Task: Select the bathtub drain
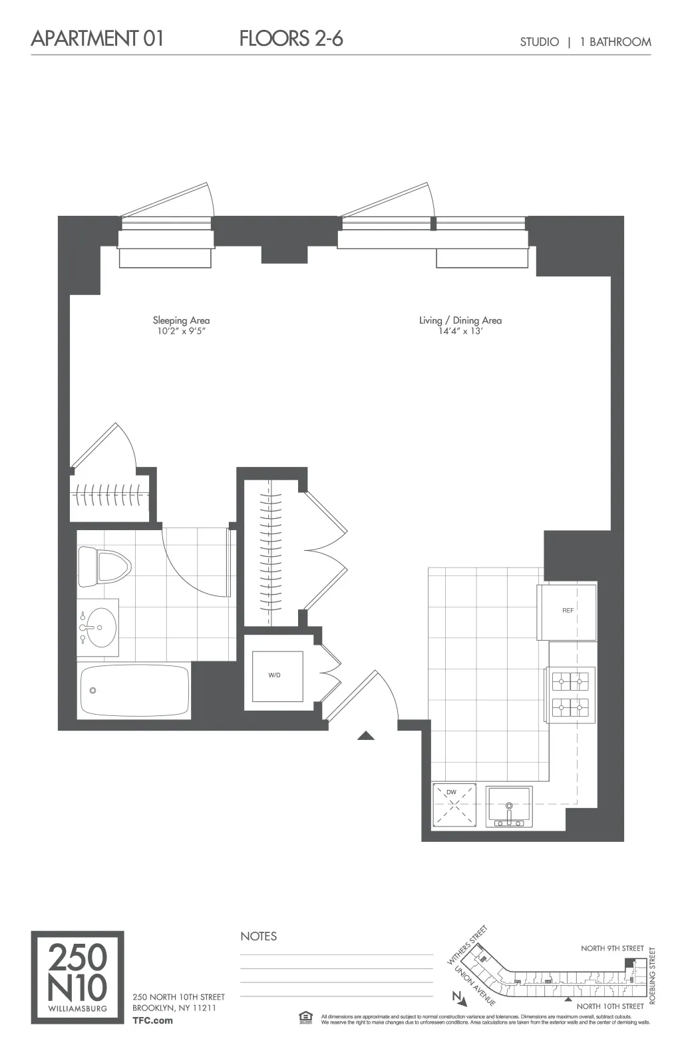coord(93,691)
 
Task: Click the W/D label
coord(274,675)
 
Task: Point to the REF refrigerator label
coord(568,610)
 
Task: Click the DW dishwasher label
coord(451,792)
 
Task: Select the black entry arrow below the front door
coord(366,735)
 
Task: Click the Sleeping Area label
coord(181,320)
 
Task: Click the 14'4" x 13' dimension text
coord(460,331)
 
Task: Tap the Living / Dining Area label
coord(460,320)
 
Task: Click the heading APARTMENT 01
coord(97,38)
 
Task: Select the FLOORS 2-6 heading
coord(291,38)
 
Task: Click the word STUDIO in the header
coord(539,42)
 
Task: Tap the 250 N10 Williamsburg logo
coord(77,977)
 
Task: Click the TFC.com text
coord(152,1020)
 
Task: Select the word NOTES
coord(258,936)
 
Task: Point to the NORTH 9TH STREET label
coord(612,948)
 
